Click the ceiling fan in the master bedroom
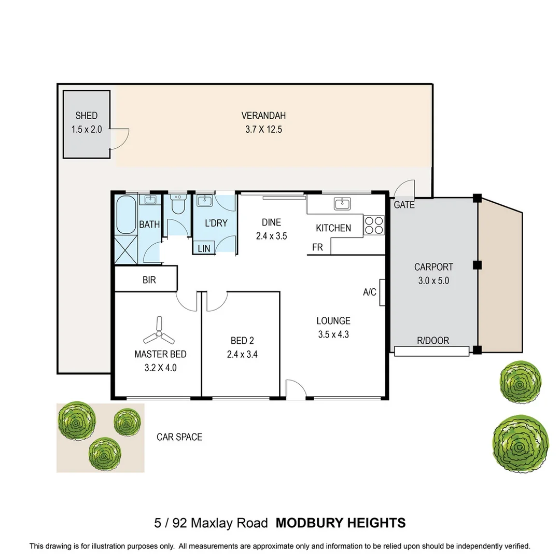click(x=159, y=331)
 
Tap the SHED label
click(x=87, y=116)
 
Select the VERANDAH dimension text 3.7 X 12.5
click(x=263, y=129)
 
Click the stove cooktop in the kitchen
click(x=374, y=226)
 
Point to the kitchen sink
click(x=343, y=204)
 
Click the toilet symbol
click(x=177, y=204)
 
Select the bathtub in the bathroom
click(x=126, y=214)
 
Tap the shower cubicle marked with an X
click(x=125, y=249)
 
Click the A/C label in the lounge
click(x=370, y=292)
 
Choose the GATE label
click(x=404, y=205)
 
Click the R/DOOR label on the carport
click(x=433, y=340)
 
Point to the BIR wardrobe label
click(x=149, y=280)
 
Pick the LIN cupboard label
click(x=204, y=248)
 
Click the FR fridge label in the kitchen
click(x=317, y=247)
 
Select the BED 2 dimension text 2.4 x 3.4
click(x=242, y=354)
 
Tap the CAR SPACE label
click(x=179, y=437)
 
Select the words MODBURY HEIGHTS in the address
click(x=341, y=523)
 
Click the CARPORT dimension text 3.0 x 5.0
click(x=433, y=281)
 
